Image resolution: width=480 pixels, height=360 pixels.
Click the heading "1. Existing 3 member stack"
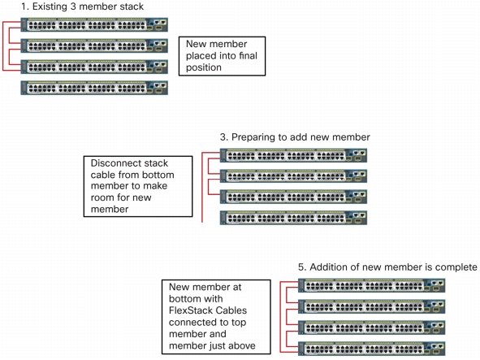coord(82,7)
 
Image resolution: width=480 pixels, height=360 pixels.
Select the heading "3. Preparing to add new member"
coord(295,137)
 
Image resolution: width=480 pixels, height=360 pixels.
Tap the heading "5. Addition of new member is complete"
coord(387,267)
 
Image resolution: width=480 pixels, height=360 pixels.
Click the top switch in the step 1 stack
coord(94,25)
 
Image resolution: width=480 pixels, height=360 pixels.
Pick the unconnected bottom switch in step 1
coord(94,88)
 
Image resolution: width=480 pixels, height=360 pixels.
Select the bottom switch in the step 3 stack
coord(293,218)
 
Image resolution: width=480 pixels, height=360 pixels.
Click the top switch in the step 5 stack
coord(372,285)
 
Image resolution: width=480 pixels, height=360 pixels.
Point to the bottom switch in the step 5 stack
coord(372,349)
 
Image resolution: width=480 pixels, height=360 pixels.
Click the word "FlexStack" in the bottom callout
coord(187,310)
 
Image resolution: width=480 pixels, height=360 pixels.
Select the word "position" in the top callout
coord(204,67)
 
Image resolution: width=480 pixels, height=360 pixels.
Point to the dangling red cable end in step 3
coord(202,222)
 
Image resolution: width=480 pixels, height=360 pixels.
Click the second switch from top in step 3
coord(293,176)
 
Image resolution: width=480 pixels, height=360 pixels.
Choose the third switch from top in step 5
coord(372,327)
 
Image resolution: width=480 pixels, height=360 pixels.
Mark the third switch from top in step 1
coord(94,67)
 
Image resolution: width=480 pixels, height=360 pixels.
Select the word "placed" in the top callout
coord(199,56)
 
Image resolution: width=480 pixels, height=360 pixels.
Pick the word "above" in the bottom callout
coord(242,346)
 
